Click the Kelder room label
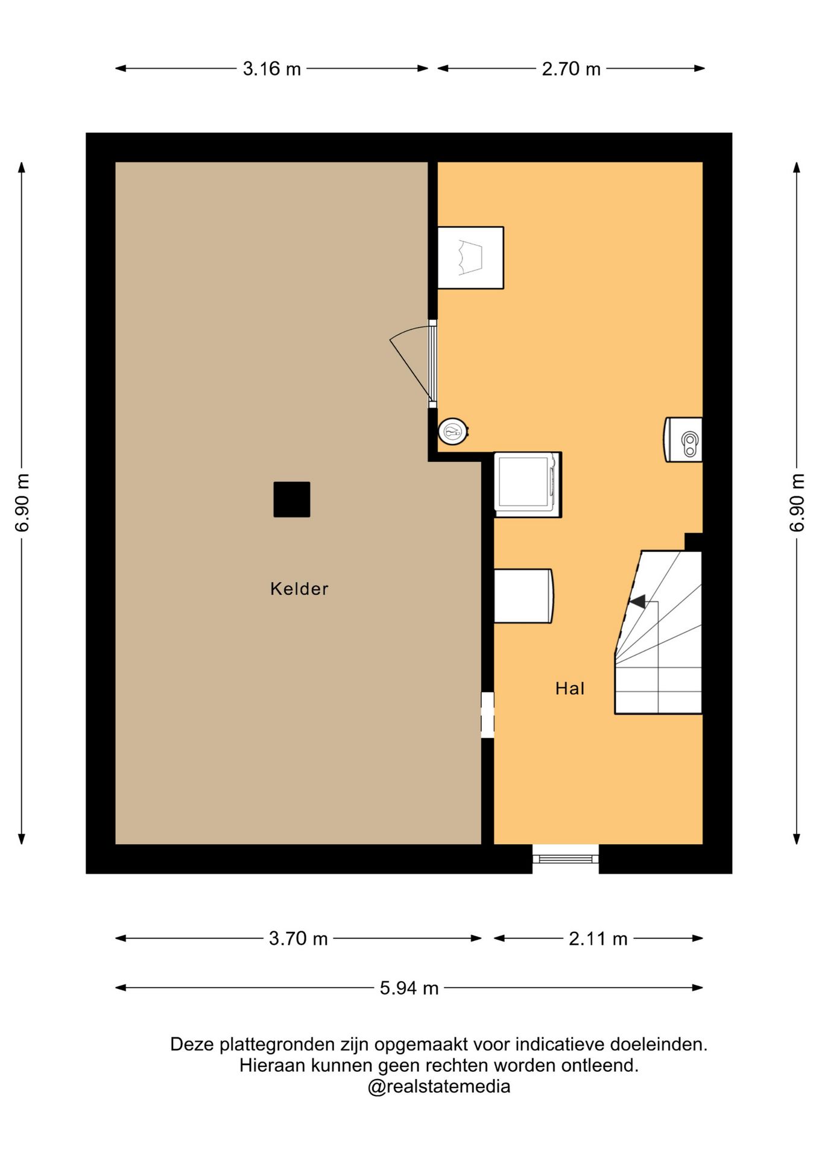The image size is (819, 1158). pyautogui.click(x=299, y=589)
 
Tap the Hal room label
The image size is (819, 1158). pyautogui.click(x=570, y=688)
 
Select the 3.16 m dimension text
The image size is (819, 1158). pyautogui.click(x=272, y=69)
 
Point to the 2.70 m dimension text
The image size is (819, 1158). pyautogui.click(x=571, y=69)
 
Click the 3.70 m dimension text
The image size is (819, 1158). pyautogui.click(x=299, y=938)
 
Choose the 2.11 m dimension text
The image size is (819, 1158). pyautogui.click(x=598, y=938)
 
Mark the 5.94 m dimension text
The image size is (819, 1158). pyautogui.click(x=409, y=988)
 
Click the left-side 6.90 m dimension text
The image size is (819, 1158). pyautogui.click(x=22, y=502)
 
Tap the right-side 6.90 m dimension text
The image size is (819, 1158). pyautogui.click(x=797, y=502)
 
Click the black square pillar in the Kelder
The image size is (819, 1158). pyautogui.click(x=292, y=499)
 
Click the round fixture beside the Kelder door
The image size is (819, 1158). pyautogui.click(x=453, y=432)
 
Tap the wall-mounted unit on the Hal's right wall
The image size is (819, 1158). pyautogui.click(x=683, y=440)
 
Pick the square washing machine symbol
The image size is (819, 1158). pyautogui.click(x=528, y=484)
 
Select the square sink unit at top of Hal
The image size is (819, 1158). pyautogui.click(x=470, y=258)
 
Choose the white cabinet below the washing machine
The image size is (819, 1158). pyautogui.click(x=523, y=596)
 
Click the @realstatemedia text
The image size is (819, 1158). pyautogui.click(x=439, y=1087)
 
